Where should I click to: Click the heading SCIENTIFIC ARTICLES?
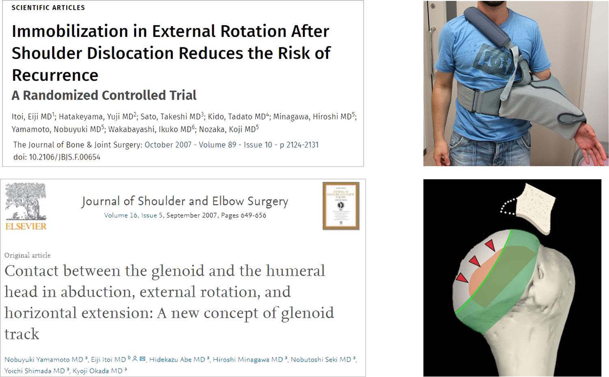click(x=48, y=8)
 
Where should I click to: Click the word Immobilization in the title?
click(x=70, y=31)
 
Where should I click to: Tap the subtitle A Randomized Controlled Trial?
click(x=104, y=95)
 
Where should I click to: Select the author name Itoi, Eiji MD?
click(x=32, y=117)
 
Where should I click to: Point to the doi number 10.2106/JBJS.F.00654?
click(x=65, y=157)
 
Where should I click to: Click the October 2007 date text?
click(x=168, y=145)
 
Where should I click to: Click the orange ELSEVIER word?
click(x=26, y=226)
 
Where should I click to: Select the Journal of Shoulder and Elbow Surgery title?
click(x=185, y=201)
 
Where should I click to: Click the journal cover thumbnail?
click(x=341, y=206)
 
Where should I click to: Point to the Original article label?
click(x=28, y=255)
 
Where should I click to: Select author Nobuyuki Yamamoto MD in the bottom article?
click(x=44, y=360)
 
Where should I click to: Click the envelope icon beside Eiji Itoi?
click(x=142, y=359)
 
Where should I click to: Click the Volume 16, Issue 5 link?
click(x=133, y=216)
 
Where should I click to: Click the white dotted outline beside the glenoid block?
click(x=508, y=207)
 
